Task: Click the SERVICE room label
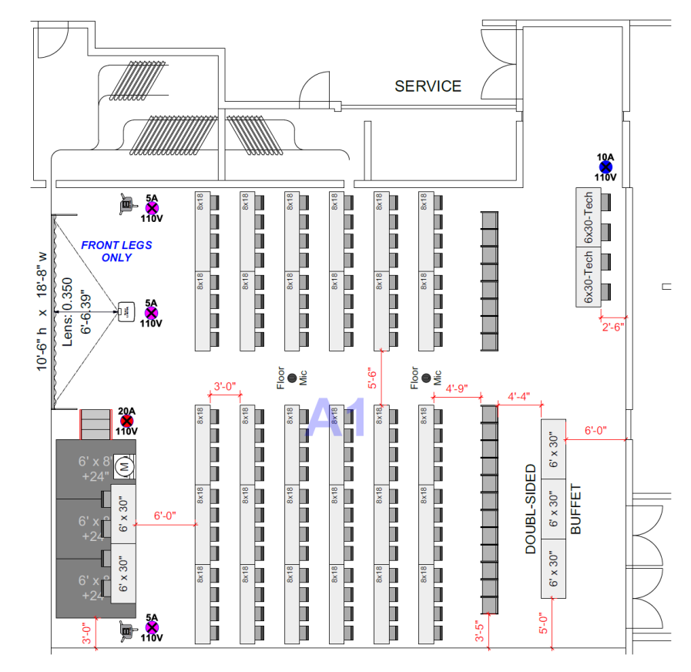click(428, 86)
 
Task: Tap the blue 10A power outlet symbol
click(605, 166)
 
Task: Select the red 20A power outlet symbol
click(127, 421)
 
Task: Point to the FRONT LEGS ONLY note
click(116, 251)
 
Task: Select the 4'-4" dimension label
click(518, 397)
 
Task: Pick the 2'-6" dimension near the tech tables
click(612, 326)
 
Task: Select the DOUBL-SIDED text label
click(531, 509)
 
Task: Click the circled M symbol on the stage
click(123, 466)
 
